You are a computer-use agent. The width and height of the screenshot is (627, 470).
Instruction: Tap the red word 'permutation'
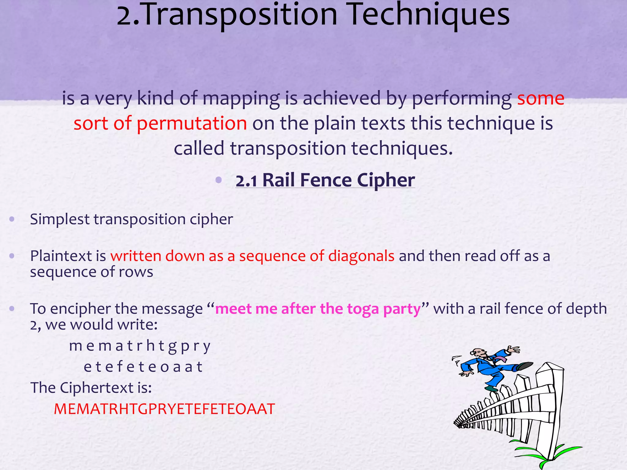tap(191, 123)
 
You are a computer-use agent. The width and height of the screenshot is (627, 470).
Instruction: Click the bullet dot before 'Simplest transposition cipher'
tap(12, 219)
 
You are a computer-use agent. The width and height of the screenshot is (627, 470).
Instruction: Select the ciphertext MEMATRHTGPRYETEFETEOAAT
tap(164, 409)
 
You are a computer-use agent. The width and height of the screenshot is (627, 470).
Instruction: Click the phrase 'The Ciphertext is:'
tap(91, 388)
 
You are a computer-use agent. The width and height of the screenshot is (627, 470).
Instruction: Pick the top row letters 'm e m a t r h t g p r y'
tap(140, 346)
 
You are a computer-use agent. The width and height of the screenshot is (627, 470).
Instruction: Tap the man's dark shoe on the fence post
tap(525, 365)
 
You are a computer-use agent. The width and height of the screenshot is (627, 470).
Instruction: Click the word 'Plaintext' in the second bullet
tap(61, 256)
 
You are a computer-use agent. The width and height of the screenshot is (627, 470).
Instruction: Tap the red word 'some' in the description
tap(541, 99)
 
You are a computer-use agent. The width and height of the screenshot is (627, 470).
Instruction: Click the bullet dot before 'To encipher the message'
tap(12, 308)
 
